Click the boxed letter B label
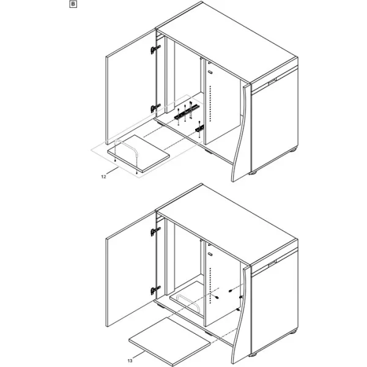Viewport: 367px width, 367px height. pos(73,4)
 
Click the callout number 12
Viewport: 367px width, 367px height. pos(104,177)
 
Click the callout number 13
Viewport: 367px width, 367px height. pos(130,361)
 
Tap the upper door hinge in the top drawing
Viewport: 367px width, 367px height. pos(155,50)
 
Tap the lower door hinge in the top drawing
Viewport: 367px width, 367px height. pos(155,108)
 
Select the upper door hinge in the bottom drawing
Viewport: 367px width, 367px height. pos(155,231)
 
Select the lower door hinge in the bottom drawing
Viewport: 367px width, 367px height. pos(155,290)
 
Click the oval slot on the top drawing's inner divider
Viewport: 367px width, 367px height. pos(210,72)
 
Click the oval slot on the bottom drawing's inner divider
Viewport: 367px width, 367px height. pos(210,254)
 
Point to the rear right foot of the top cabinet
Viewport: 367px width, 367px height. pos(293,150)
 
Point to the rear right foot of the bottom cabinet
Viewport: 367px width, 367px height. pos(293,332)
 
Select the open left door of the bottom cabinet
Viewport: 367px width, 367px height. pos(131,269)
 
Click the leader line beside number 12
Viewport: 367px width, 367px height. pos(113,171)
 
